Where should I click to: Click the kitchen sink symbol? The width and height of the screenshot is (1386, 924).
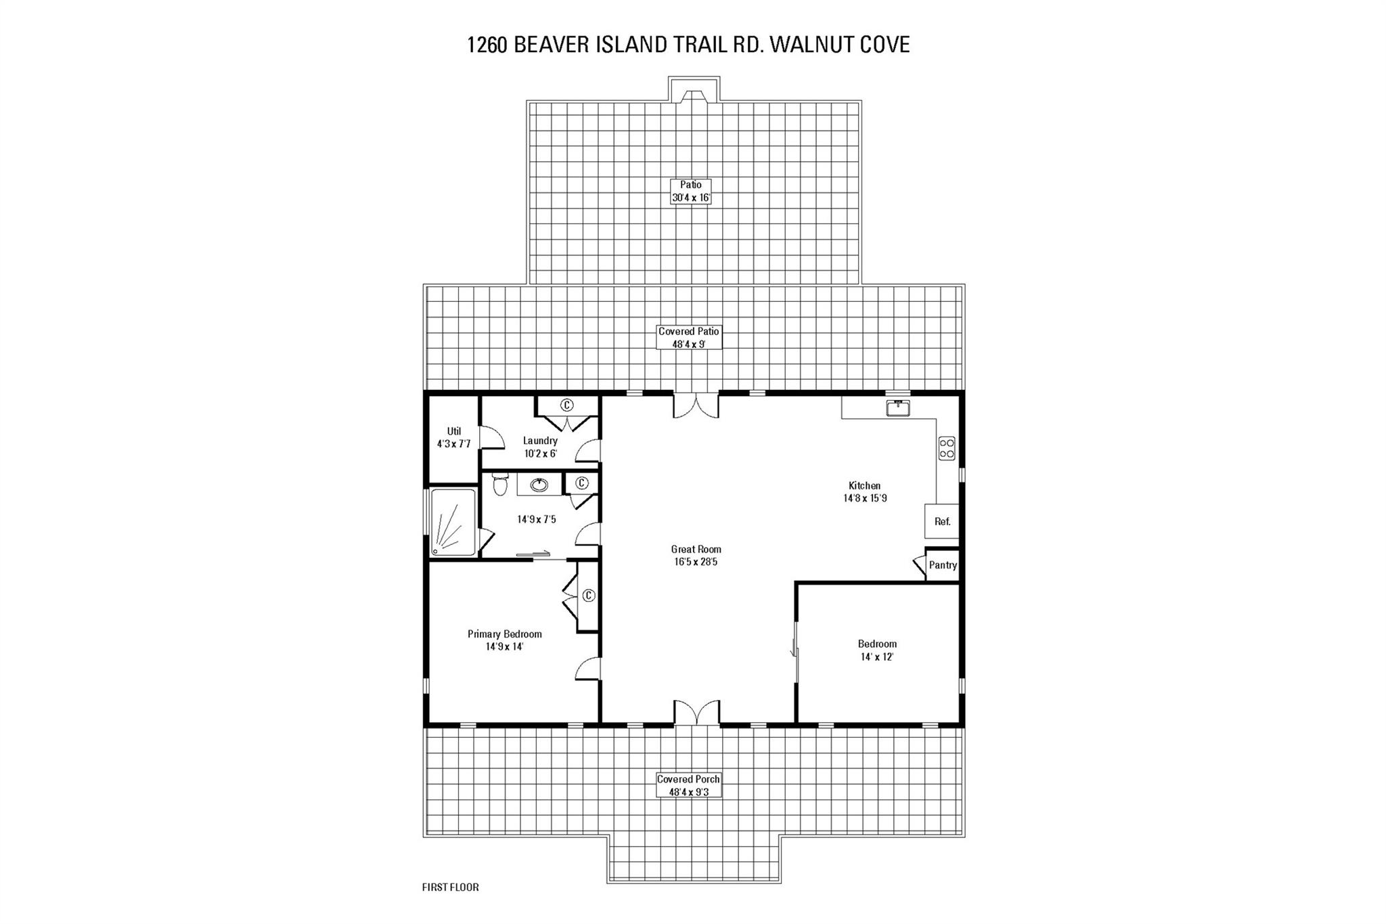pos(898,408)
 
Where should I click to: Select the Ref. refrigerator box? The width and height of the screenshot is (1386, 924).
pos(942,521)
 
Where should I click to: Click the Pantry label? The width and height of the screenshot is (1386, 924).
pos(943,565)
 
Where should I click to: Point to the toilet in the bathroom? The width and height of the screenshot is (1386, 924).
pos(500,485)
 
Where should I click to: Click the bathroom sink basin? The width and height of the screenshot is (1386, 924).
pos(539,485)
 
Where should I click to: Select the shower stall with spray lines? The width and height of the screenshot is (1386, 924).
pos(453,523)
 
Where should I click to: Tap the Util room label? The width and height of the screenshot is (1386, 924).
pos(453,431)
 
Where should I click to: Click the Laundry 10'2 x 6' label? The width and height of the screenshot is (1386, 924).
pos(540,447)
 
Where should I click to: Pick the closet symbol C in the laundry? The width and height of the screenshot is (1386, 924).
pos(566,405)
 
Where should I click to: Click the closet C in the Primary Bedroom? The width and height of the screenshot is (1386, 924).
pos(588,596)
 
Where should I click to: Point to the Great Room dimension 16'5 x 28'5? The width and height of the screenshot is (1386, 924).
pos(696,562)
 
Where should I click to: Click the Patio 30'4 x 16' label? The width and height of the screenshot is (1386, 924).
pos(691,191)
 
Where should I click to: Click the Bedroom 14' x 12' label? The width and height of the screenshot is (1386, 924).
pos(877,650)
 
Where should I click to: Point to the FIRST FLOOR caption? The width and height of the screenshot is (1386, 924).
pos(450,887)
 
